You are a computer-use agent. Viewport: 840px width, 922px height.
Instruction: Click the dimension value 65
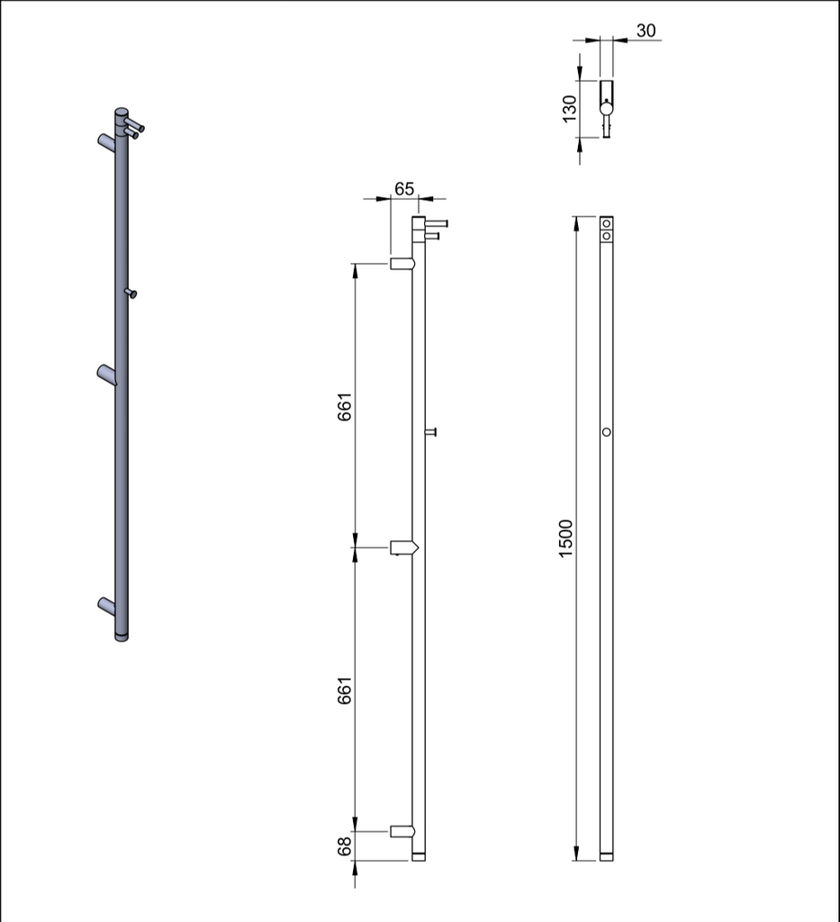tap(404, 189)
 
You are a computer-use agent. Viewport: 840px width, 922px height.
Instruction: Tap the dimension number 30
tap(646, 31)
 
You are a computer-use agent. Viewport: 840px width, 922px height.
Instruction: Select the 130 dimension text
tap(569, 108)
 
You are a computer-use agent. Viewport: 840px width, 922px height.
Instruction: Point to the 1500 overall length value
tap(565, 538)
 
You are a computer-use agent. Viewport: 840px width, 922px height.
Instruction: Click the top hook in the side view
tap(402, 264)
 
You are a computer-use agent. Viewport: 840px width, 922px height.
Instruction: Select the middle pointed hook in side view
tap(403, 547)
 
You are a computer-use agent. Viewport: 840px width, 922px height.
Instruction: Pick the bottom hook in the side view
tap(402, 831)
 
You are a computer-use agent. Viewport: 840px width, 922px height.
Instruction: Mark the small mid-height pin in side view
tap(431, 432)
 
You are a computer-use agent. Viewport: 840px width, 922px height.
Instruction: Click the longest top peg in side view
tap(436, 222)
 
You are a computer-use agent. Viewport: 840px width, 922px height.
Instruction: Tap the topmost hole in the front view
tap(607, 223)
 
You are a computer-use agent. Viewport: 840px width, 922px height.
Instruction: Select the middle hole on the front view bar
tap(607, 432)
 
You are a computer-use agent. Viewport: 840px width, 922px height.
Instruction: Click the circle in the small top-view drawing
tap(607, 109)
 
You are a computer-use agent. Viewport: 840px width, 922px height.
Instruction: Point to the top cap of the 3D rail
tap(122, 113)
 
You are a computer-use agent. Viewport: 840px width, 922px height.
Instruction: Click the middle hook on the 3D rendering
tap(107, 374)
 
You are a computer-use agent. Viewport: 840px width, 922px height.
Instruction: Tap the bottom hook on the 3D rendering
tap(106, 604)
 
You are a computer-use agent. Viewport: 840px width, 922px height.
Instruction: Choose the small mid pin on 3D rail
tap(131, 293)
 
